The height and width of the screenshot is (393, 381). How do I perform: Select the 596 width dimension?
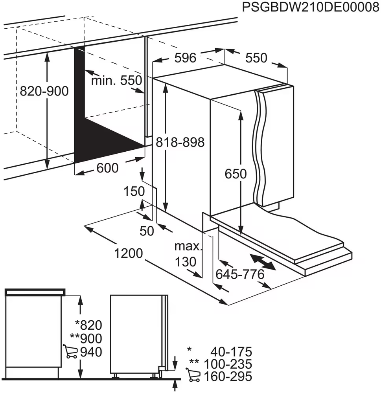pyautogui.click(x=185, y=58)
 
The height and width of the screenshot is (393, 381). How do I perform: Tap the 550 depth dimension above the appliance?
pyautogui.click(x=256, y=58)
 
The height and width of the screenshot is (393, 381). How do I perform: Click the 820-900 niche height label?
pyautogui.click(x=44, y=92)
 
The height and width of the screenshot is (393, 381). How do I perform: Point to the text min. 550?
pyautogui.click(x=116, y=81)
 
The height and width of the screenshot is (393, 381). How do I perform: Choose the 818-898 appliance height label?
pyautogui.click(x=180, y=142)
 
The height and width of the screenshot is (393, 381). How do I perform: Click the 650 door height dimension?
pyautogui.click(x=236, y=174)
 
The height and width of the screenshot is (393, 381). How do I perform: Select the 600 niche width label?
pyautogui.click(x=107, y=168)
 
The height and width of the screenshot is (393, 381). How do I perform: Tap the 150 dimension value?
pyautogui.click(x=134, y=192)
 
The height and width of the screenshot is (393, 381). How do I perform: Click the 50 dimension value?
pyautogui.click(x=147, y=231)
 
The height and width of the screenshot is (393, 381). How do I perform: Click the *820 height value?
pyautogui.click(x=88, y=325)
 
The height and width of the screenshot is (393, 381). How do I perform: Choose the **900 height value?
pyautogui.click(x=86, y=338)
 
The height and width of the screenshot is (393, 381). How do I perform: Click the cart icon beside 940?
pyautogui.click(x=70, y=352)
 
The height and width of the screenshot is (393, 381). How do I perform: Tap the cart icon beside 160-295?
pyautogui.click(x=193, y=376)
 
